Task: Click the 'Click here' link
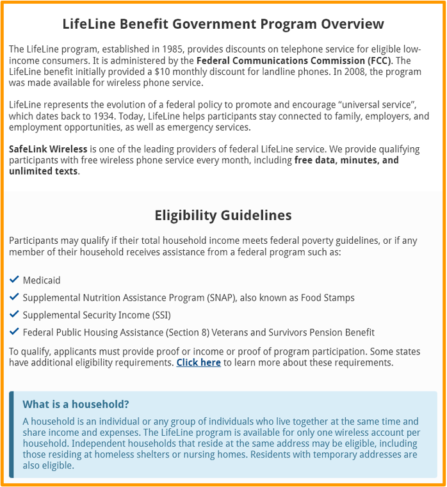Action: (x=199, y=363)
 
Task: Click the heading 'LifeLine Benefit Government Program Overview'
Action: (x=223, y=24)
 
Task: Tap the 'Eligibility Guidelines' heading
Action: (x=223, y=215)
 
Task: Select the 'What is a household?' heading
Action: (x=76, y=404)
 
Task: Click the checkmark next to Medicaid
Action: (x=15, y=280)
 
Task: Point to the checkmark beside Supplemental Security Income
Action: (x=15, y=315)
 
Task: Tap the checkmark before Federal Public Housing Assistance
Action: (x=15, y=332)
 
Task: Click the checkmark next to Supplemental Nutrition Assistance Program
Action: (x=15, y=298)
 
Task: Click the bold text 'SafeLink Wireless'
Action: (x=47, y=149)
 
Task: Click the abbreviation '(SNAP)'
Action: (x=224, y=298)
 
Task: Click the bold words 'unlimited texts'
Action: (x=43, y=171)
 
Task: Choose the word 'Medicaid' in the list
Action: (x=42, y=280)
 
